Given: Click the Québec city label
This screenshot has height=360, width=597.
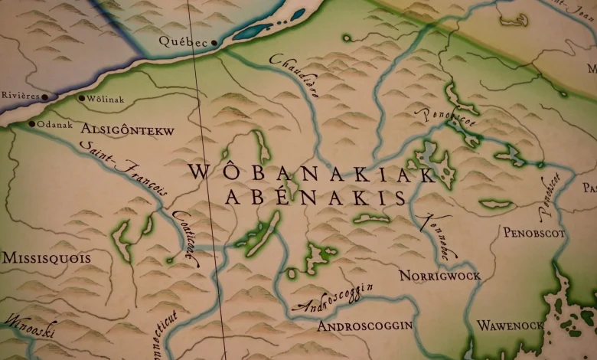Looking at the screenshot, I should pos(182,43).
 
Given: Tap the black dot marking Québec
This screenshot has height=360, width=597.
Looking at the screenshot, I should pos(214,43).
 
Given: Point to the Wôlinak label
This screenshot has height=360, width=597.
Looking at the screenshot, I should pos(106,99).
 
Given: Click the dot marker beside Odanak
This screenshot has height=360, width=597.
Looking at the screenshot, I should pos(31,123).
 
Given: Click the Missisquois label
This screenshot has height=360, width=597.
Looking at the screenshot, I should pos(46,258).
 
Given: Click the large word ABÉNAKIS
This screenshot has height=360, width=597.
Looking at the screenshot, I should pos(315,198).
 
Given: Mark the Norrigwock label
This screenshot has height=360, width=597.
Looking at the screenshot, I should pos(439,276).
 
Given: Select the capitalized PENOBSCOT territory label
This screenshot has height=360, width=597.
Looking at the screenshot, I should pos(533,232).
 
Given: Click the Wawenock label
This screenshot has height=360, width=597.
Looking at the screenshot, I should pos(510,326).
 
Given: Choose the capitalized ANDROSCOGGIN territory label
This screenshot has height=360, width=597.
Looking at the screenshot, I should pos(364,326).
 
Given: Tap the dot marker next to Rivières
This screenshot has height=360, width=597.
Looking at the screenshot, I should pos(45,97).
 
